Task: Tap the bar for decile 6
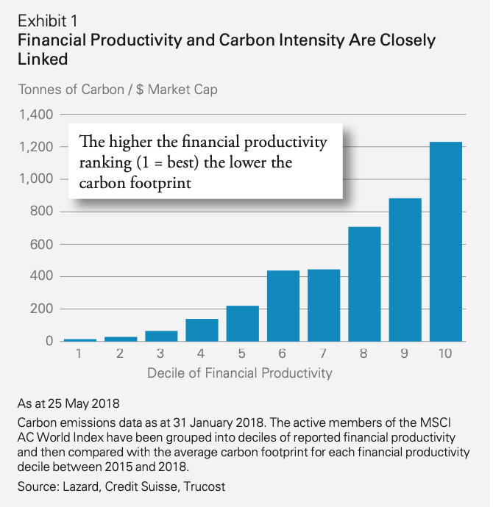(x=283, y=306)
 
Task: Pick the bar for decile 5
(x=243, y=323)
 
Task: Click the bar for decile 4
(x=202, y=330)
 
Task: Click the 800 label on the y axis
(x=42, y=212)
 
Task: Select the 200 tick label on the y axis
(x=42, y=309)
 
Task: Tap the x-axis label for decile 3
(x=161, y=353)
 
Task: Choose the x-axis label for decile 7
(x=324, y=353)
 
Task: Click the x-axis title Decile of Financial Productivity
(x=240, y=373)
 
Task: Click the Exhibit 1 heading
(x=49, y=18)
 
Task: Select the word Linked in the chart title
(x=43, y=58)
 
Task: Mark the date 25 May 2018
(x=81, y=403)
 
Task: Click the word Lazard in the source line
(x=85, y=485)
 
